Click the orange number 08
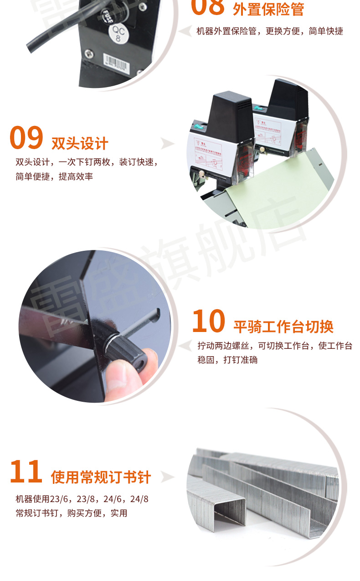click(208, 6)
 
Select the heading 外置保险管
click(268, 9)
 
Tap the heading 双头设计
click(80, 143)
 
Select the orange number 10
click(208, 322)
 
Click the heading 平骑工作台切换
click(283, 327)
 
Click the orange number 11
click(26, 472)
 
